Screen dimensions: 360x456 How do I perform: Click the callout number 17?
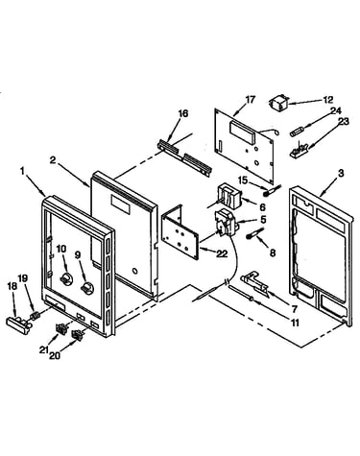250,100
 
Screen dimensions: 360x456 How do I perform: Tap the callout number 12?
328,100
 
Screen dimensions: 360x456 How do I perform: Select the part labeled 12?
278,103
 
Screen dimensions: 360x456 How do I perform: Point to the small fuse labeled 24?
297,132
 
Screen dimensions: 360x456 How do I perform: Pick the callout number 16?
183,113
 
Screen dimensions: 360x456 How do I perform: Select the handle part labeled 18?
19,324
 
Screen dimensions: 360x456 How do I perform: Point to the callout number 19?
23,278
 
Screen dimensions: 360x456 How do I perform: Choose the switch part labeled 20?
77,335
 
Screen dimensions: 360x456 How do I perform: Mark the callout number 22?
222,253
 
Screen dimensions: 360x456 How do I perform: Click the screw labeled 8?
254,233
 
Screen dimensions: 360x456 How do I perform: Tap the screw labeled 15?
271,189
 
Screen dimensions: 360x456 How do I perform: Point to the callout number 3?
341,173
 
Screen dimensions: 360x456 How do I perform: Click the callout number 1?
22,172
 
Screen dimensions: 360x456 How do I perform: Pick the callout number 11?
294,323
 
